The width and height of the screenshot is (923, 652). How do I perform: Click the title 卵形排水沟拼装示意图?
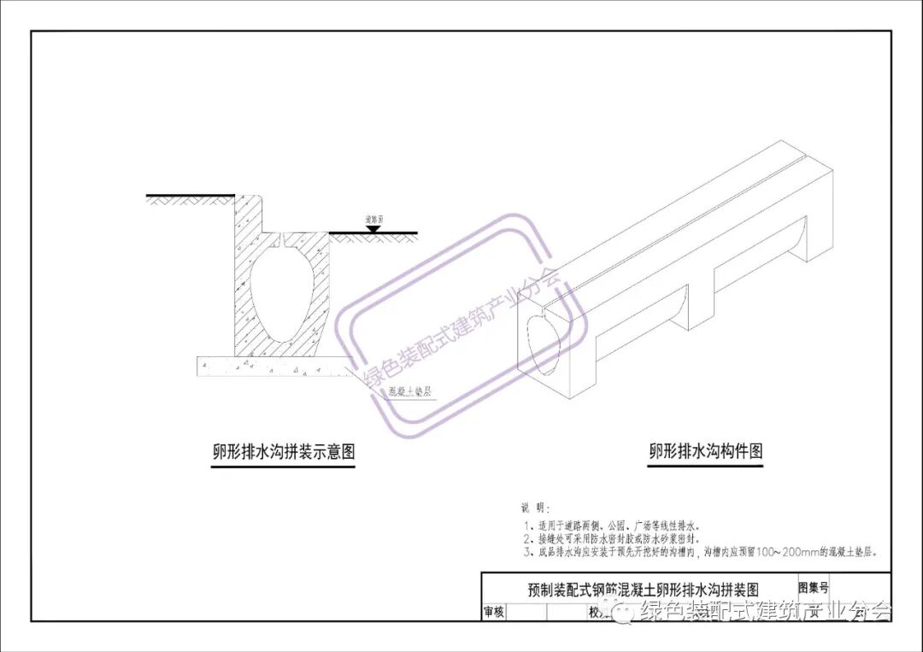pyautogui.click(x=284, y=452)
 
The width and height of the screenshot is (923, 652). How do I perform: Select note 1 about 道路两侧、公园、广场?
pyautogui.click(x=615, y=526)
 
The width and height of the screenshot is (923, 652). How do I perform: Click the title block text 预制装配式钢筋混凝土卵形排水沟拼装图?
pyautogui.click(x=642, y=589)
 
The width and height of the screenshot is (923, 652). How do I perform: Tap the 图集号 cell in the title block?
pyautogui.click(x=813, y=587)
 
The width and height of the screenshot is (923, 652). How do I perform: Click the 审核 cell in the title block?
pyautogui.click(x=494, y=612)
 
